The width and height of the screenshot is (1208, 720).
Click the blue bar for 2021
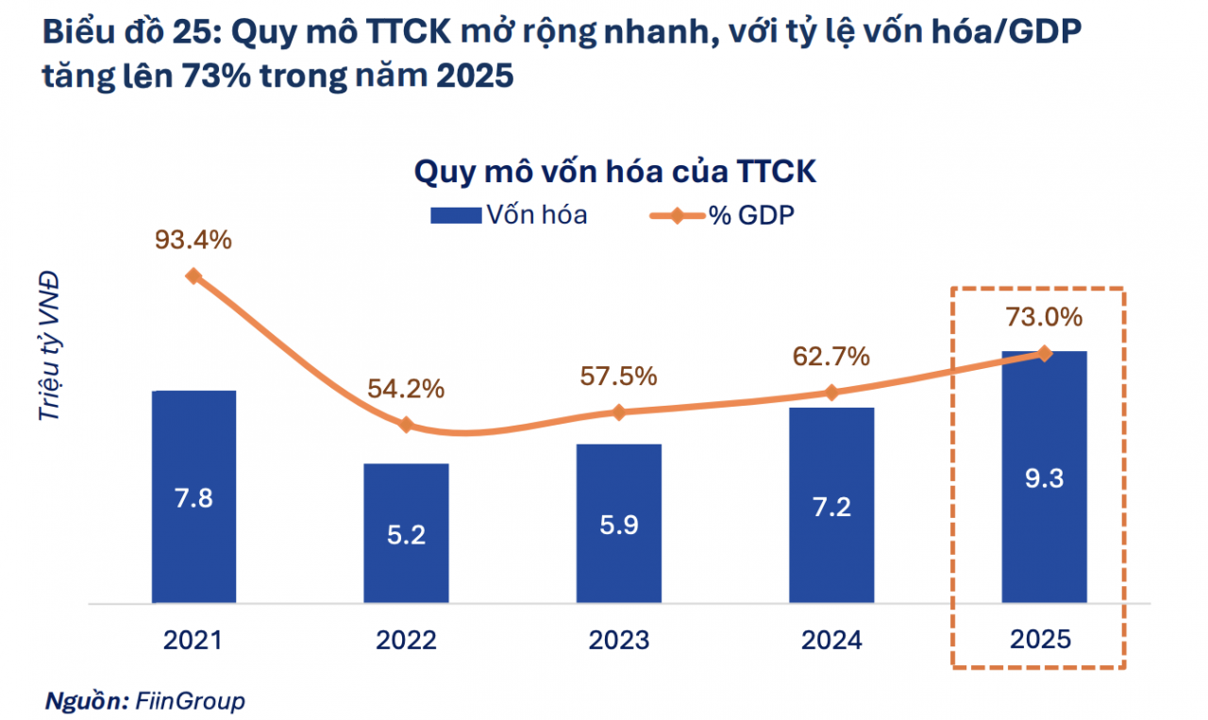click(x=193, y=496)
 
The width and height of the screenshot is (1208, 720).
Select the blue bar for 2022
click(x=406, y=533)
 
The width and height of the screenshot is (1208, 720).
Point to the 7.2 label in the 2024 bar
click(x=831, y=506)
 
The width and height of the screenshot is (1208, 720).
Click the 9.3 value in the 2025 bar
click(x=1044, y=478)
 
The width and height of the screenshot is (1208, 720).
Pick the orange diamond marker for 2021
click(x=193, y=276)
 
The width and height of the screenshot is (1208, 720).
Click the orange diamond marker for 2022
click(x=406, y=425)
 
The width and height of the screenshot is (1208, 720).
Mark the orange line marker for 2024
click(x=831, y=393)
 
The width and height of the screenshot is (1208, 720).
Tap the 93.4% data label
click(x=193, y=241)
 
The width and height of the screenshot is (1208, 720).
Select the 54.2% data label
click(x=406, y=389)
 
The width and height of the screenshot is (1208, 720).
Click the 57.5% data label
click(x=618, y=376)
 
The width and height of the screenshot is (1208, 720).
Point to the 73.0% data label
click(x=1044, y=317)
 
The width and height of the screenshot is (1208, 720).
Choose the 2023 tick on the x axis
click(x=619, y=640)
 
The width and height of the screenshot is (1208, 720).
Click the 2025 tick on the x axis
click(x=1041, y=640)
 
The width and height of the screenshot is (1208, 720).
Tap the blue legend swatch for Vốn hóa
click(x=455, y=215)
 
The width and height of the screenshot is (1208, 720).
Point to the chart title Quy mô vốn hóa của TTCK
click(x=614, y=174)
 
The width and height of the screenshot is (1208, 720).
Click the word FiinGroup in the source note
click(x=190, y=701)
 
